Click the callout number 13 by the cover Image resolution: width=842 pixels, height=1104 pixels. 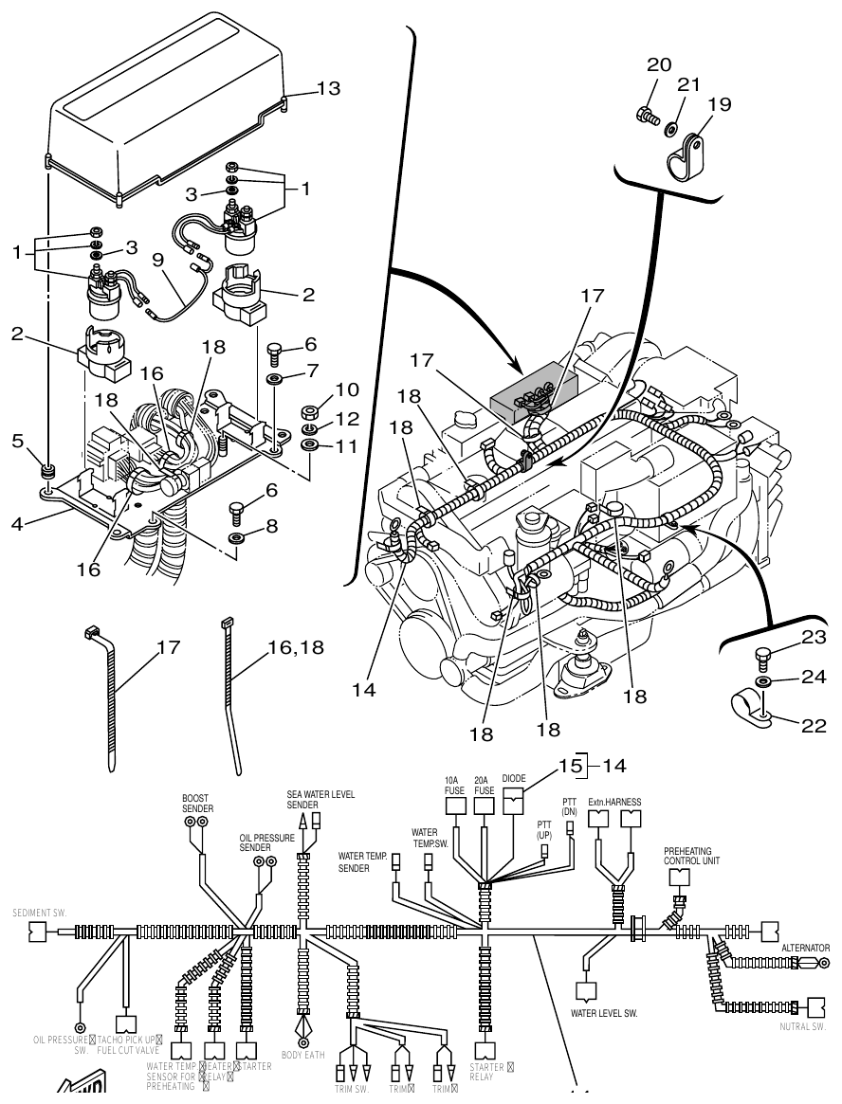pos(328,88)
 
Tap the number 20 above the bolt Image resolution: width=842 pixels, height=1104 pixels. pos(659,65)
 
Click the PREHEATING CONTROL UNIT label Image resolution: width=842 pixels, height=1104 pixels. pos(688,857)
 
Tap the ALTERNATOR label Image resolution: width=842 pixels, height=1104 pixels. pos(805,947)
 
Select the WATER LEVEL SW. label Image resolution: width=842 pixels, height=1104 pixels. pos(603,1013)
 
